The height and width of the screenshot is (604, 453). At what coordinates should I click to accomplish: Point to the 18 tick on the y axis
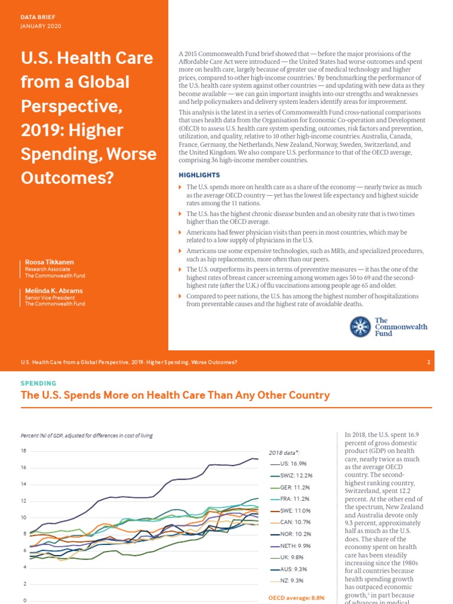24,451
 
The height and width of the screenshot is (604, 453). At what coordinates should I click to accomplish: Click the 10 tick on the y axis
24,518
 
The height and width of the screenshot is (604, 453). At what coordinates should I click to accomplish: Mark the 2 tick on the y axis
25,584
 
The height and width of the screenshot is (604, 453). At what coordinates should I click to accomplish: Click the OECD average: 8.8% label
293,598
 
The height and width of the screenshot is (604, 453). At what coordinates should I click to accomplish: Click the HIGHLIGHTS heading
199,175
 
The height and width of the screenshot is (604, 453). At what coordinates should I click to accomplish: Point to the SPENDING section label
38,383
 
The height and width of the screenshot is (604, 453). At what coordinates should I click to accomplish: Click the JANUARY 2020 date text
41,26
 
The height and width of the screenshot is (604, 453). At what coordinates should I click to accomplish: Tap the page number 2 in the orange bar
429,362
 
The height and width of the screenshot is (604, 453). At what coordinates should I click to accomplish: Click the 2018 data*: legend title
284,452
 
